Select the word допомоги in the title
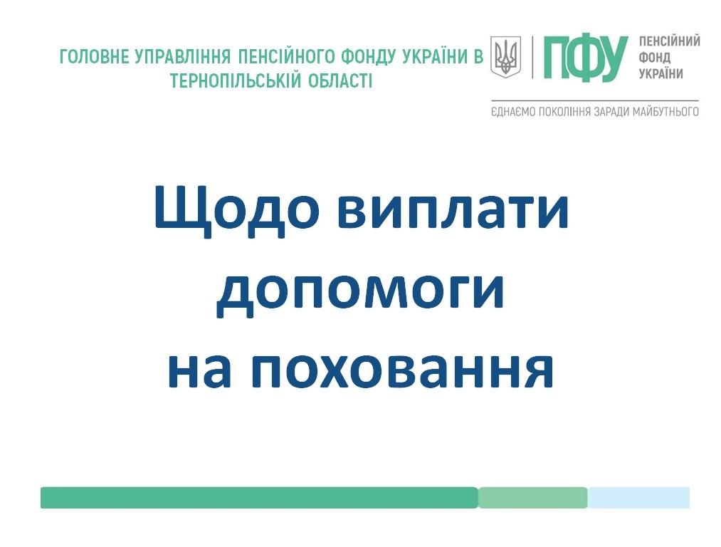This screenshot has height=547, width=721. tap(360, 292)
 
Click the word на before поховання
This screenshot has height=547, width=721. tap(198, 370)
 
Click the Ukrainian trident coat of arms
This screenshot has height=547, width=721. tap(505, 57)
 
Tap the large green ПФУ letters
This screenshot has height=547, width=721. tap(585, 58)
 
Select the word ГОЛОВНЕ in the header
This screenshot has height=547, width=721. tap(94, 57)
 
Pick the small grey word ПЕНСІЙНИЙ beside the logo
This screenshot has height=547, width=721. tap(670, 41)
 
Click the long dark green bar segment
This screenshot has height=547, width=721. tap(259, 498)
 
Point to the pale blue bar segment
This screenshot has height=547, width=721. tap(639, 498)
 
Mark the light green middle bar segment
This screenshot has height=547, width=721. tap(533, 498)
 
